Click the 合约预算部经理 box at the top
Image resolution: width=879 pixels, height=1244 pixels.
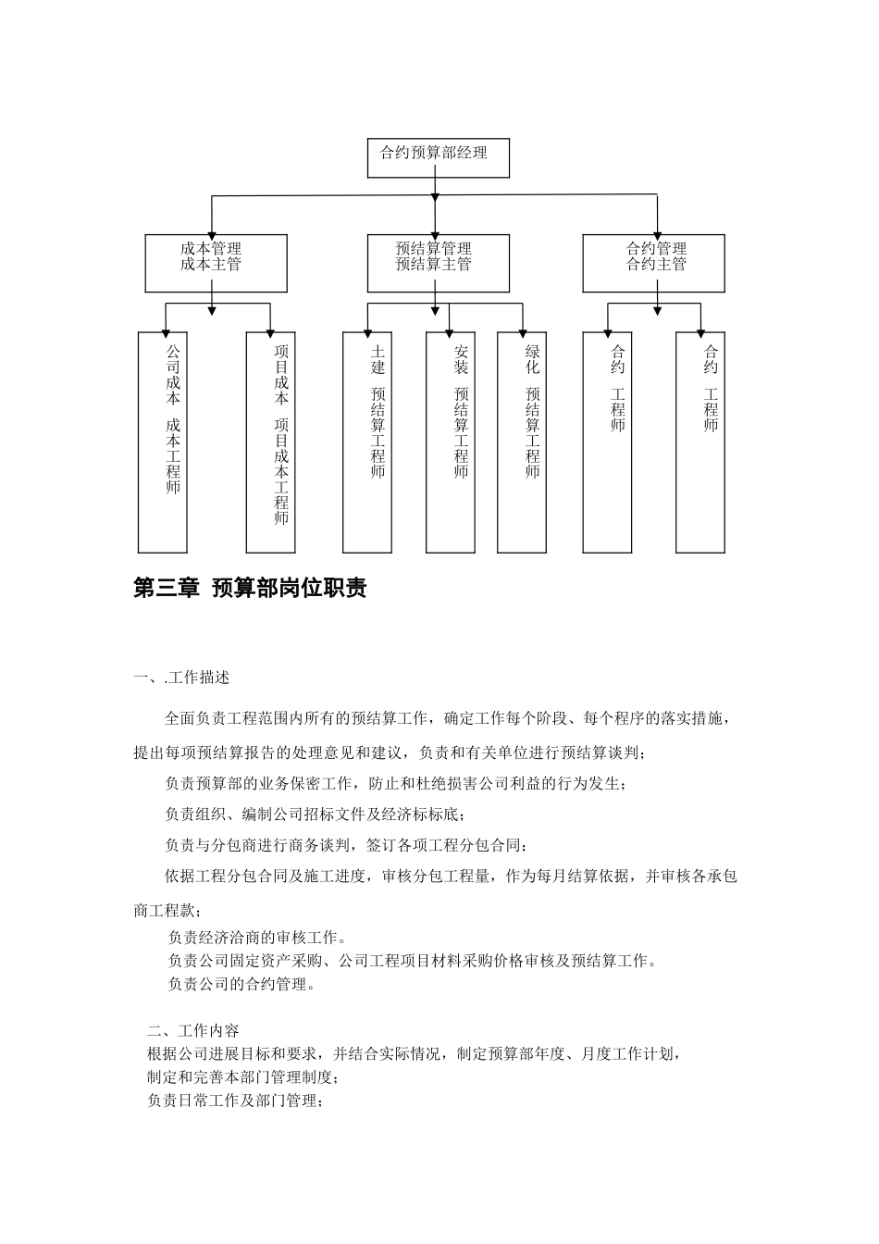click(x=439, y=157)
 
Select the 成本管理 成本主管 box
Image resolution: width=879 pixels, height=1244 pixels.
click(x=216, y=263)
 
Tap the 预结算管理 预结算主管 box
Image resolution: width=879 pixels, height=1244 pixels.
click(x=438, y=263)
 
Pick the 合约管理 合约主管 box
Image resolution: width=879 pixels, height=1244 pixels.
click(x=653, y=263)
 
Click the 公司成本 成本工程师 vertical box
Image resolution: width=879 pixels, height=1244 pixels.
click(x=163, y=442)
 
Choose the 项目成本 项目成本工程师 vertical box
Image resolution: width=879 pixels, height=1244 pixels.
click(x=270, y=442)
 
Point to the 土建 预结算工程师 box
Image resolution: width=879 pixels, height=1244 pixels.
click(x=366, y=442)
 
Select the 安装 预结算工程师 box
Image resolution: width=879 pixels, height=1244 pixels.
click(x=450, y=442)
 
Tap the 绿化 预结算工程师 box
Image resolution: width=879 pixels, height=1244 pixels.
click(x=522, y=442)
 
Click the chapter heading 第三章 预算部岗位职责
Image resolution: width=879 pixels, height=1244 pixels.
click(x=250, y=589)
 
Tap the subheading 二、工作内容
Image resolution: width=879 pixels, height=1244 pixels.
click(x=192, y=1031)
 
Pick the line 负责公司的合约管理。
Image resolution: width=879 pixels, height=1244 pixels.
click(x=241, y=984)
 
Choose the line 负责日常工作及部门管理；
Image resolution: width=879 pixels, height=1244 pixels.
click(x=233, y=1101)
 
